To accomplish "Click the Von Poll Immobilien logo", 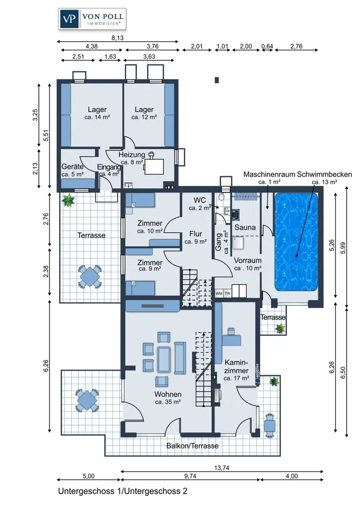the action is [x=92, y=19].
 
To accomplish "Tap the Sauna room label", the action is [x=245, y=228].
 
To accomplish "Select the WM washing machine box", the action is [x=219, y=294].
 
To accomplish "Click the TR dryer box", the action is [x=228, y=294].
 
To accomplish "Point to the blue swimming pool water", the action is [x=296, y=242].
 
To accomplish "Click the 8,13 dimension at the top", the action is [x=118, y=38].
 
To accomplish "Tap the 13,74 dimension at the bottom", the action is [x=221, y=468].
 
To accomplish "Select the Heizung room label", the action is [x=131, y=155].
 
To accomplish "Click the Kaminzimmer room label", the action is [x=236, y=366].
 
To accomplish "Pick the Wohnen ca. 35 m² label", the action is [x=168, y=398].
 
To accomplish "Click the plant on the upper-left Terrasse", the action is [x=68, y=201].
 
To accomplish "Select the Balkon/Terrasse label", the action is [x=192, y=446].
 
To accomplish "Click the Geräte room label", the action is [x=72, y=166].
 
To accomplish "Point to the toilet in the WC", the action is [x=221, y=196].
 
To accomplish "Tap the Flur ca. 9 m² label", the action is [x=196, y=237].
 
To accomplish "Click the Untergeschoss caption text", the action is [x=123, y=491].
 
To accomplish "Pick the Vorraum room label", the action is [x=247, y=260].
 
